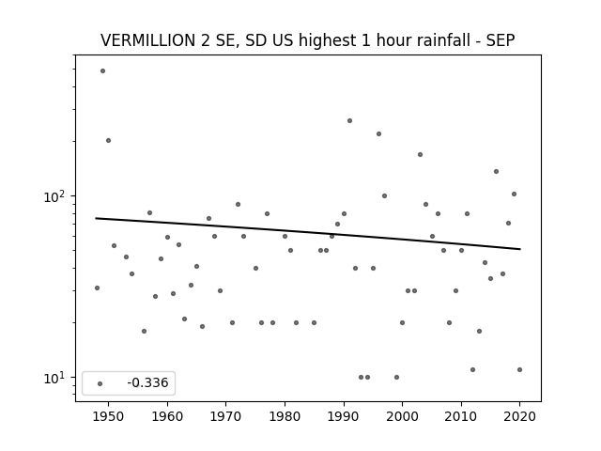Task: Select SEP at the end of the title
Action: coord(501,40)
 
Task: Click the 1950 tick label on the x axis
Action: coord(109,416)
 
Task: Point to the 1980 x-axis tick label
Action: coord(285,416)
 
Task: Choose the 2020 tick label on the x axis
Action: coord(519,416)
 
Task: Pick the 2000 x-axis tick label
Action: coord(403,416)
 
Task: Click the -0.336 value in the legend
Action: coord(147,382)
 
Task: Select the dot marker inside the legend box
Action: coord(100,383)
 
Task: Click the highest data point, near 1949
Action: coord(102,71)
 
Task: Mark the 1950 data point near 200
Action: coord(109,140)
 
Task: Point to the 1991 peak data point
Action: coord(349,121)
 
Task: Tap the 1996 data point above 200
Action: coord(378,133)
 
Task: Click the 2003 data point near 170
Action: coord(420,154)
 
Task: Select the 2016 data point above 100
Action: coord(497,171)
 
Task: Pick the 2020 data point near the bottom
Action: coord(519,369)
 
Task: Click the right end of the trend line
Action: coord(520,249)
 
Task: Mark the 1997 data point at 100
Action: coord(384,196)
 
